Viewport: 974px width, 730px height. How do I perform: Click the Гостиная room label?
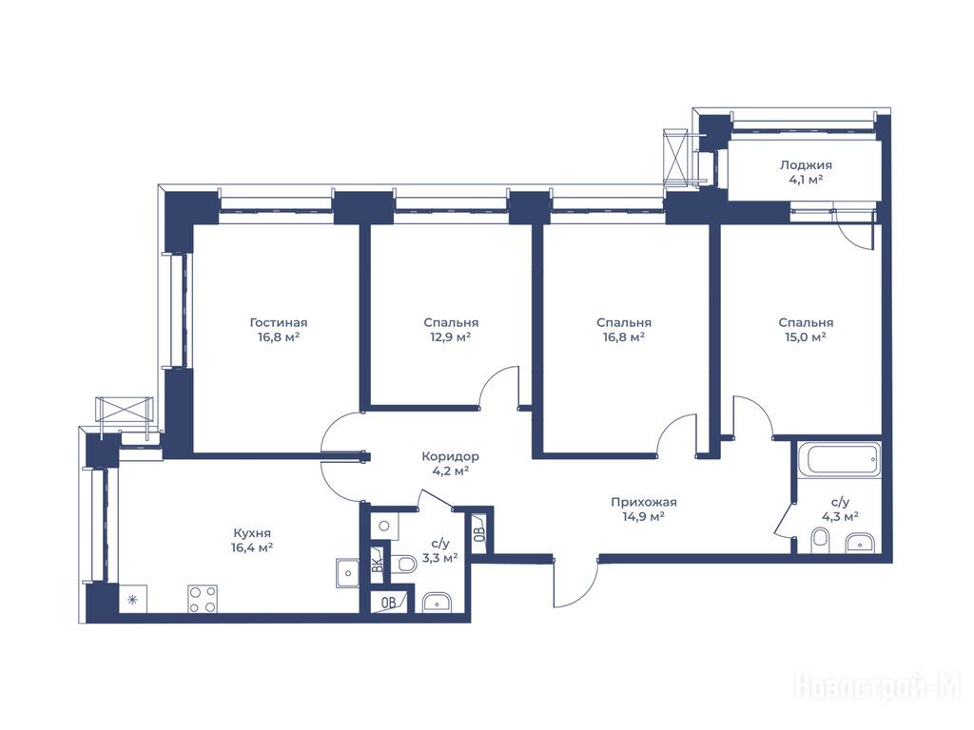(x=279, y=323)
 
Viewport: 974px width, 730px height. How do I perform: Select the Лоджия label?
(x=806, y=165)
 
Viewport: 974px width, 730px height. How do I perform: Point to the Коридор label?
(x=450, y=457)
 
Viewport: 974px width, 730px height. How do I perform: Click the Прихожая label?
(x=644, y=502)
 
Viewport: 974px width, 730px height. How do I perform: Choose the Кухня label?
(x=252, y=533)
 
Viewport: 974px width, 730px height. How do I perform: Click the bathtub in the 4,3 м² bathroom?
(x=839, y=460)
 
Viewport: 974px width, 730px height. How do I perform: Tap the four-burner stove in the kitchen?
(x=203, y=599)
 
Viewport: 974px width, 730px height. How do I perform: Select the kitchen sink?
(x=347, y=573)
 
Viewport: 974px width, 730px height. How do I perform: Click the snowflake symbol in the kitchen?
(x=131, y=600)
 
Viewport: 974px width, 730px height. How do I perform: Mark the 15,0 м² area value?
(x=806, y=337)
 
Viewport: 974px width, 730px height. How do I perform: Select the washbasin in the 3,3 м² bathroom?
(x=438, y=602)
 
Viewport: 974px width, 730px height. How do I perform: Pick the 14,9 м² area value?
(x=644, y=516)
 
